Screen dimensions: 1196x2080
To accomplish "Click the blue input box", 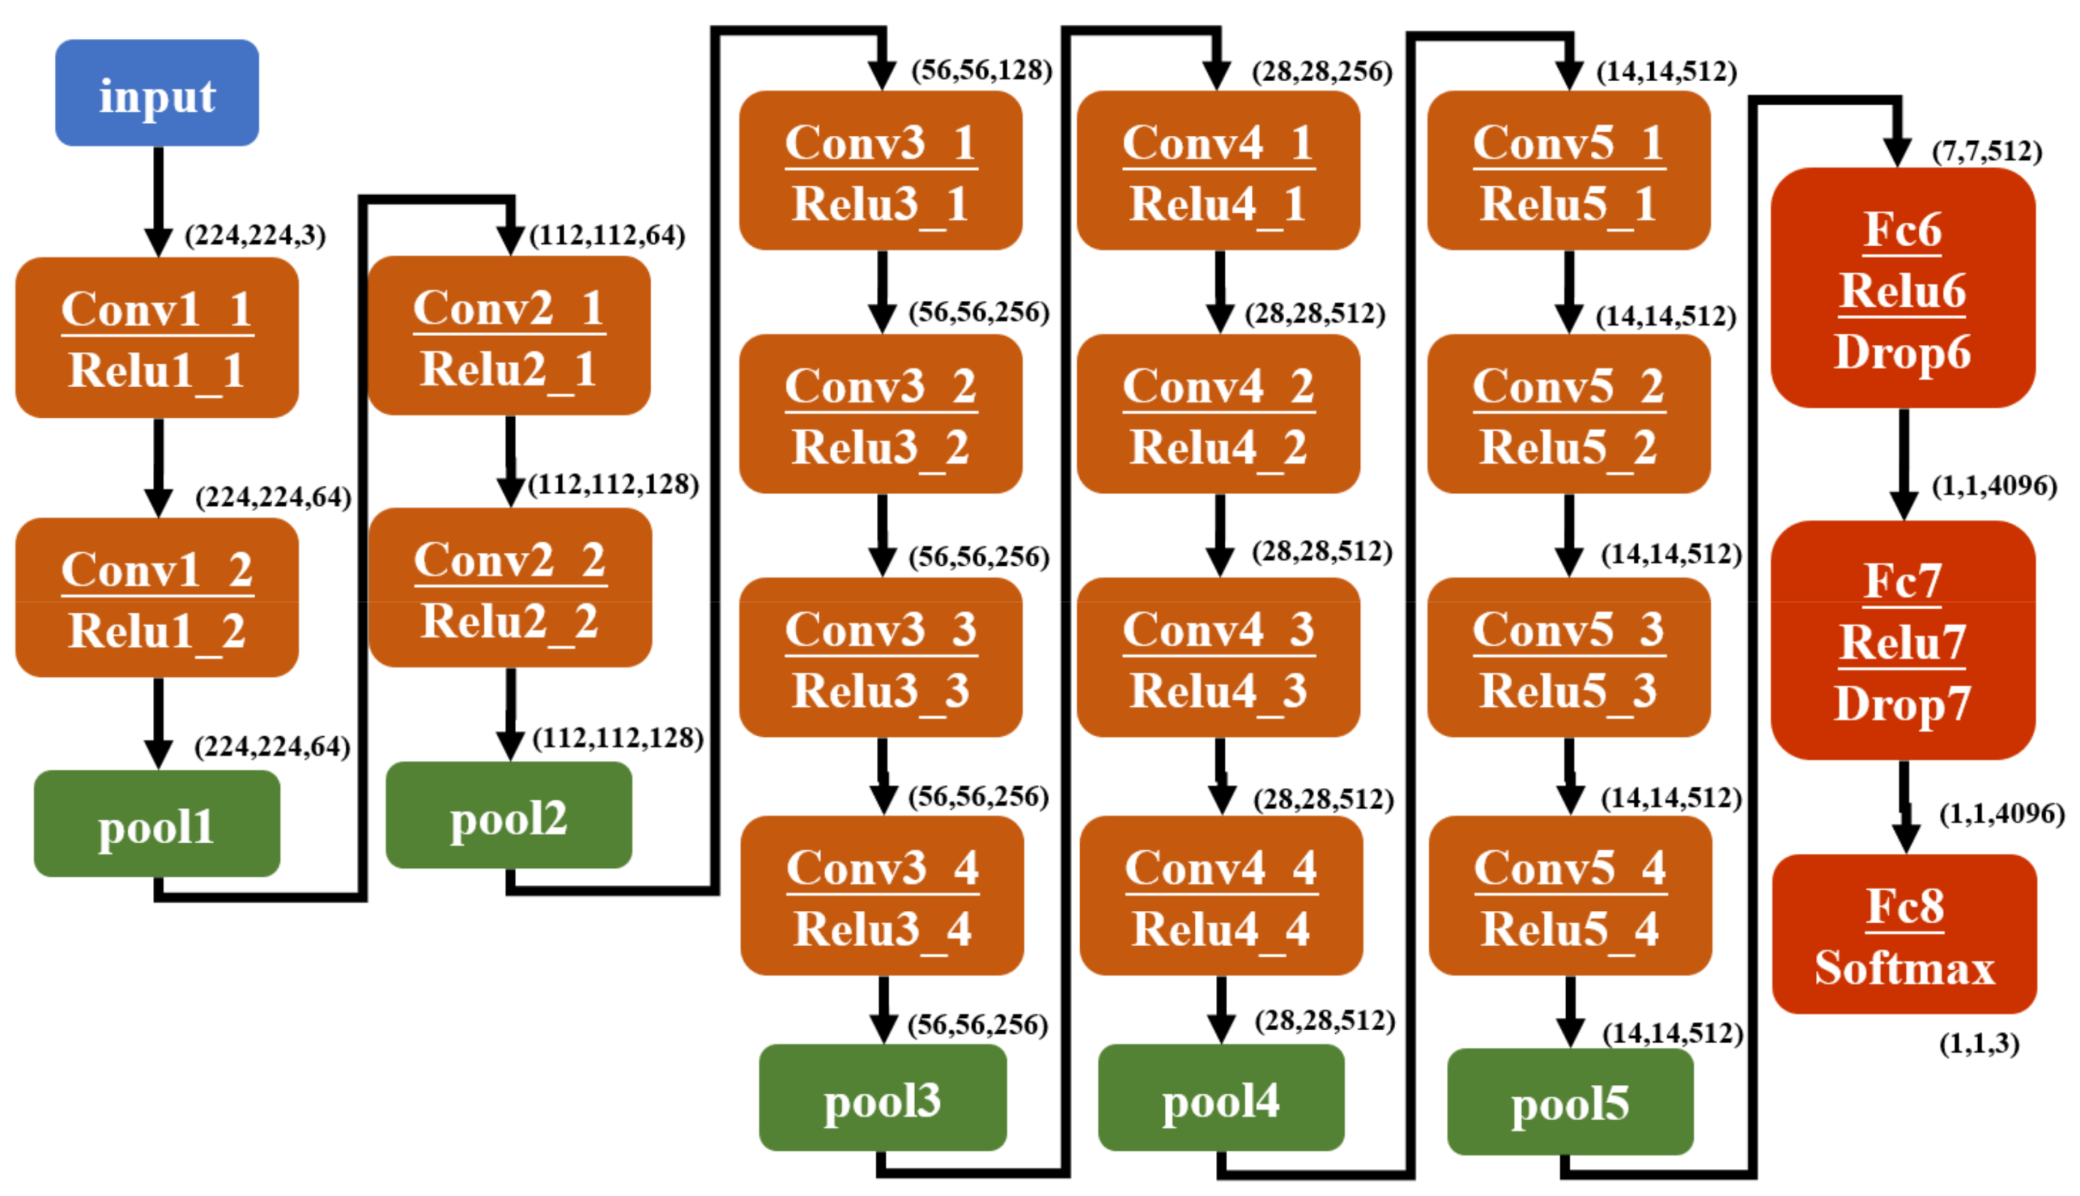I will (x=157, y=93).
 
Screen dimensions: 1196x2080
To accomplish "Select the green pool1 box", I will (x=157, y=823).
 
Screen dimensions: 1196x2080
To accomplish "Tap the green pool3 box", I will (x=882, y=1098).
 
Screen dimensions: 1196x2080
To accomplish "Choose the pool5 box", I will (x=1569, y=1101).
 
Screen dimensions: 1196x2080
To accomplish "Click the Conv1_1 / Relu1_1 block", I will (x=157, y=338).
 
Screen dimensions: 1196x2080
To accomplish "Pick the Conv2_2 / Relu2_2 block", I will (x=510, y=588).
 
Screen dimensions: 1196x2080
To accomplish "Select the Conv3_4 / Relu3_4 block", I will (x=882, y=896).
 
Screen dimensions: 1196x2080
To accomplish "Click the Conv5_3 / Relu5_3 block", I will (x=1568, y=658).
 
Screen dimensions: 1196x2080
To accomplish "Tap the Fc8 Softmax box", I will (x=1904, y=935).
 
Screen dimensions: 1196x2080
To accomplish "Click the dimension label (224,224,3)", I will (x=254, y=236).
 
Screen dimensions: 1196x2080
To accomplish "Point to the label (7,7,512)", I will (x=1986, y=152).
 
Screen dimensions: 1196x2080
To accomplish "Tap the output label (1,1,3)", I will (x=1978, y=1044).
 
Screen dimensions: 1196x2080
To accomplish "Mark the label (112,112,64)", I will (x=607, y=236).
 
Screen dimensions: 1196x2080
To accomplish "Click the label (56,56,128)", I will (x=981, y=71).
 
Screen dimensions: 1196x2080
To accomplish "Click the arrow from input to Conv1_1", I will (x=158, y=201).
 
